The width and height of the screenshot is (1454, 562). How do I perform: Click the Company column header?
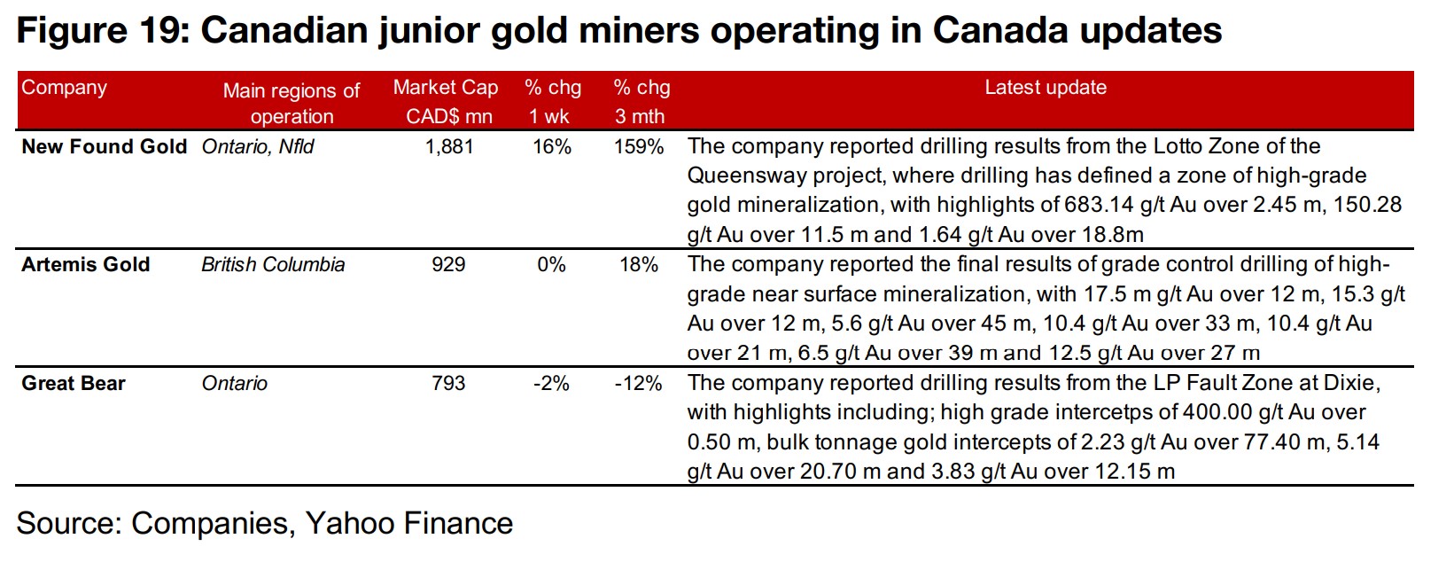(64, 88)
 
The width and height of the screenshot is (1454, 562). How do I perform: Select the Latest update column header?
(1046, 88)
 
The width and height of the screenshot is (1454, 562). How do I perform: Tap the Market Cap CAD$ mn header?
(446, 101)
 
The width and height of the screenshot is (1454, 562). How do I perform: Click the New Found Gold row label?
(104, 146)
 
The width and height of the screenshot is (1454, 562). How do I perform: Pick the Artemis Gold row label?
(86, 264)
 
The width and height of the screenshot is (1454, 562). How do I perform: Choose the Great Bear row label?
(74, 383)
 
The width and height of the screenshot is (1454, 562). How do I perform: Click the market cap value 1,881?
(449, 146)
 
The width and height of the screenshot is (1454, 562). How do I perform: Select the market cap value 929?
(448, 264)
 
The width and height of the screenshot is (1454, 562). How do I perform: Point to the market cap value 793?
(448, 383)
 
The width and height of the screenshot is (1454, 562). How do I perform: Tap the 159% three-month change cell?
(639, 146)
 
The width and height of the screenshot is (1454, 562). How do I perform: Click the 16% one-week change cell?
(552, 146)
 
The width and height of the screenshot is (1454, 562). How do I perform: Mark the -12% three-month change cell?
(639, 383)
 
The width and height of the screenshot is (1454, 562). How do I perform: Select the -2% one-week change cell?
(551, 383)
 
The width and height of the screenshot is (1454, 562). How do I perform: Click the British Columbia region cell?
(273, 264)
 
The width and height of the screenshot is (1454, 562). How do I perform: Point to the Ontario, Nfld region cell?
(258, 146)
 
